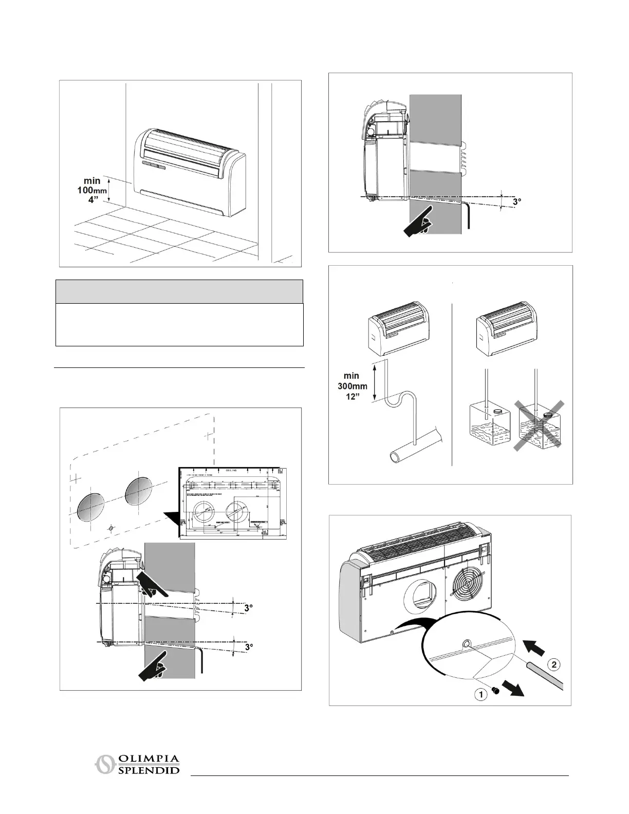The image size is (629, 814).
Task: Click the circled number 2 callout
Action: point(553,664)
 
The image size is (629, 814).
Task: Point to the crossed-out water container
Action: point(542,427)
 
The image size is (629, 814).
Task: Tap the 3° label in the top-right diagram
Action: point(517,202)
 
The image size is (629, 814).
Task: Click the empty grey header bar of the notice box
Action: point(179,291)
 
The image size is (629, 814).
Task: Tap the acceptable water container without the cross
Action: point(488,427)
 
